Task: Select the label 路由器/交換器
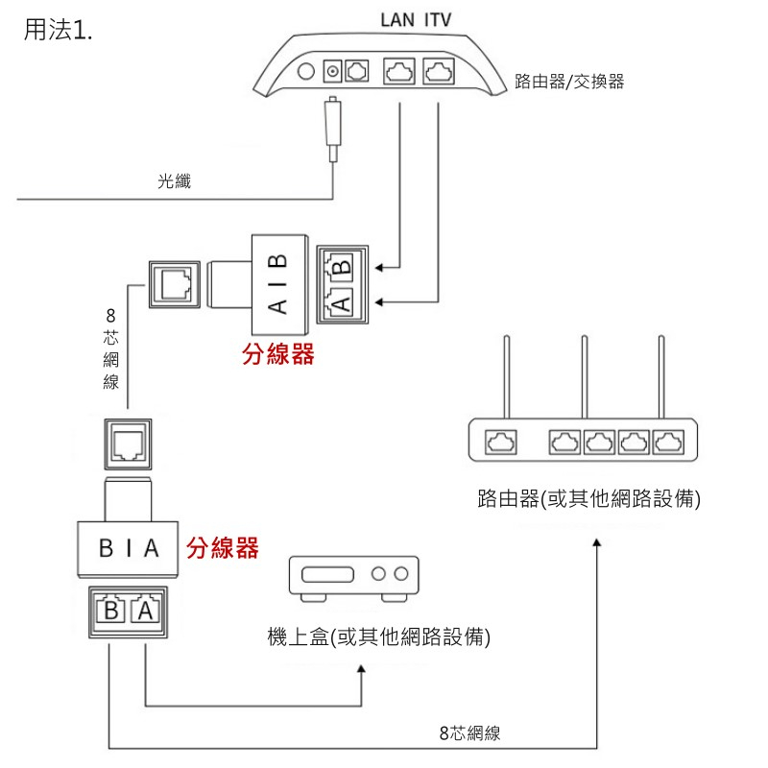coord(569,82)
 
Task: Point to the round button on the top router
coord(307,71)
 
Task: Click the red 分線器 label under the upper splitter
coord(278,355)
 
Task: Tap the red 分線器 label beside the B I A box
coord(223,548)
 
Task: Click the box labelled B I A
coord(129,549)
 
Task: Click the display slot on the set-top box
coord(328,575)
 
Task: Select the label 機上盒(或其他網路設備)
coord(381,636)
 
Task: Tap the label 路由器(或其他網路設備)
coord(588,499)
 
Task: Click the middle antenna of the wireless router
coord(582,374)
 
